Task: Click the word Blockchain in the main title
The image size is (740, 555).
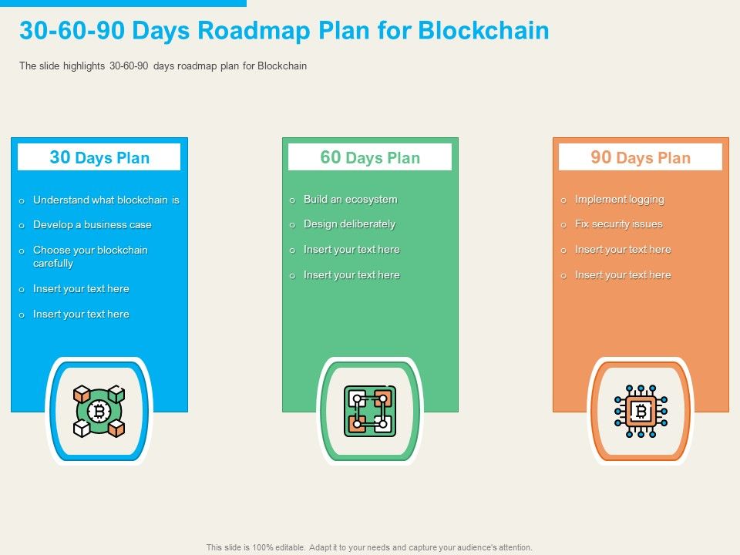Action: [483, 31]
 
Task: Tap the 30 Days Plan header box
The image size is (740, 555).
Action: [99, 157]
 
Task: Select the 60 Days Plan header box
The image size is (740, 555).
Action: [370, 157]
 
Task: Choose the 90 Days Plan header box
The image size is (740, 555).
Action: [641, 157]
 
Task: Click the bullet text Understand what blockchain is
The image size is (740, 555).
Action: [106, 200]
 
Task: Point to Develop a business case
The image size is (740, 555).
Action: [92, 224]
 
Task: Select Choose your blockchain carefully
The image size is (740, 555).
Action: [89, 256]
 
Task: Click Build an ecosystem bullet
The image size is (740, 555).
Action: [350, 199]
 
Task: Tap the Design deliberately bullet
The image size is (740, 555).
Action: [349, 224]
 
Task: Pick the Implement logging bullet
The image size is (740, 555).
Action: [619, 199]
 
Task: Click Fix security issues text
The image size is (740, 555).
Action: [618, 224]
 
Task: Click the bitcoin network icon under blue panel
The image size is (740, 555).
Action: [99, 412]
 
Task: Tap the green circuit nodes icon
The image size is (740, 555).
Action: [370, 412]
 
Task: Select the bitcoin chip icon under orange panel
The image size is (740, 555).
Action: [641, 412]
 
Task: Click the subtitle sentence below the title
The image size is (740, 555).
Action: [163, 66]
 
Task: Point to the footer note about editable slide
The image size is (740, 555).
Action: [369, 547]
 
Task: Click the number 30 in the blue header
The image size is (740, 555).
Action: [59, 157]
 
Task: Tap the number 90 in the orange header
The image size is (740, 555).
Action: [601, 157]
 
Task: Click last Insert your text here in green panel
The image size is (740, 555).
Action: [351, 274]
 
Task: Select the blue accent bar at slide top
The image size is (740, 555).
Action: [123, 3]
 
